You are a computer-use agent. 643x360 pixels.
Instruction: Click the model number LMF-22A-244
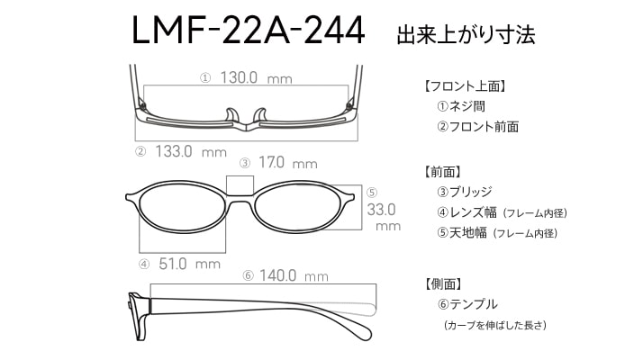pos(248,30)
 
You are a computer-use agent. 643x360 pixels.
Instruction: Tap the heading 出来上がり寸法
pos(466,34)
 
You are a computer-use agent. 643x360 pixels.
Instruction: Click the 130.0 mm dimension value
pos(257,77)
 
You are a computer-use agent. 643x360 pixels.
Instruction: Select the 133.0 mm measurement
pos(191,152)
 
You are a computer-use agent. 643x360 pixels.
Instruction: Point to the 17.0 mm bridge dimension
pos(288,163)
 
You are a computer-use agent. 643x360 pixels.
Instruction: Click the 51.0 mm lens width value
pos(189,264)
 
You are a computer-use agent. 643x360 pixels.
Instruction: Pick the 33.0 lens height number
pos(381,210)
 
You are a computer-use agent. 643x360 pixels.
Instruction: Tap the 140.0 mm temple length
pos(294,275)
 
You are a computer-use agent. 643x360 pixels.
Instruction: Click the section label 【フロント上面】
pos(465,86)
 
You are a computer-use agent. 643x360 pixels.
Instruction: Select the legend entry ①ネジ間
pos(461,106)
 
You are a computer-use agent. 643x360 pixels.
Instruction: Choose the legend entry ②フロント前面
pos(477,127)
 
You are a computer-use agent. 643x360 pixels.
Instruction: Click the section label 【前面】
pos(442,172)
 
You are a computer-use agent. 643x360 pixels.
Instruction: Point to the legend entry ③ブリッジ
pos(464,192)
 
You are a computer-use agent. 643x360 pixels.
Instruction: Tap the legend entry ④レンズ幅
pos(466,212)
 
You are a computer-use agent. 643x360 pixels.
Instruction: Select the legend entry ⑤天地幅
pos(462,233)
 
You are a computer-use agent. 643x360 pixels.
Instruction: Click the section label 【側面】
pos(443,284)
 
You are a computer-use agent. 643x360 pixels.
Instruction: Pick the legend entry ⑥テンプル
pos(467,304)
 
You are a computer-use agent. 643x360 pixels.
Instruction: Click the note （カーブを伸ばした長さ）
pos(495,325)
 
